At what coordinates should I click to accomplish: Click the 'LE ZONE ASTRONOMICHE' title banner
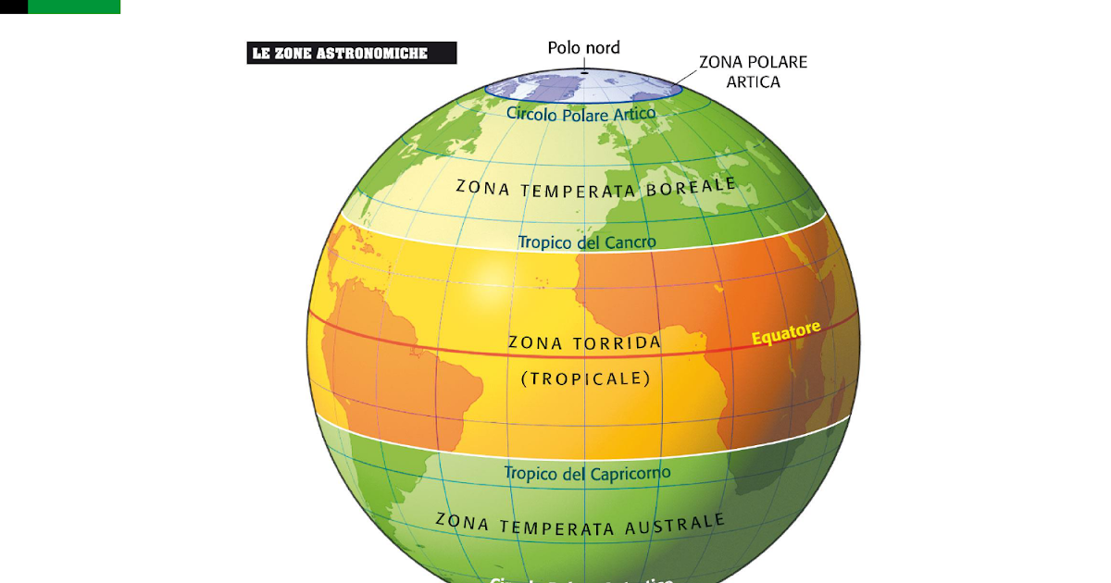(x=352, y=54)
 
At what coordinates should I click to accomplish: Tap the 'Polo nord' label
(x=583, y=47)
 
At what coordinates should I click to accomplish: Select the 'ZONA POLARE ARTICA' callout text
(x=753, y=71)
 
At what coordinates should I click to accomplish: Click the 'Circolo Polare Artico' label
(x=580, y=114)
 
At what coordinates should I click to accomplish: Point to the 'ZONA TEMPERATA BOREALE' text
(x=595, y=187)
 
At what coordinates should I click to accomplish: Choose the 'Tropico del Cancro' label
(x=586, y=242)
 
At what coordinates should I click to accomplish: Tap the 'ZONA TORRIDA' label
(x=584, y=342)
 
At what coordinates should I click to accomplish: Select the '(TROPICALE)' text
(x=585, y=378)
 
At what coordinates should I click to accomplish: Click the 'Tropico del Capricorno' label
(x=587, y=474)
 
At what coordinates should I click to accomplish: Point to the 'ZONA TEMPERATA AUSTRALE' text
(x=580, y=524)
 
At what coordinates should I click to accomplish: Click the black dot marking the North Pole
(x=585, y=71)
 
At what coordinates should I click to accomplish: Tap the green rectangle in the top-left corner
(x=74, y=6)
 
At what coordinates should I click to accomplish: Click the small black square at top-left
(x=13, y=6)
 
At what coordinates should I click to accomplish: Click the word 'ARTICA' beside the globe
(x=753, y=81)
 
